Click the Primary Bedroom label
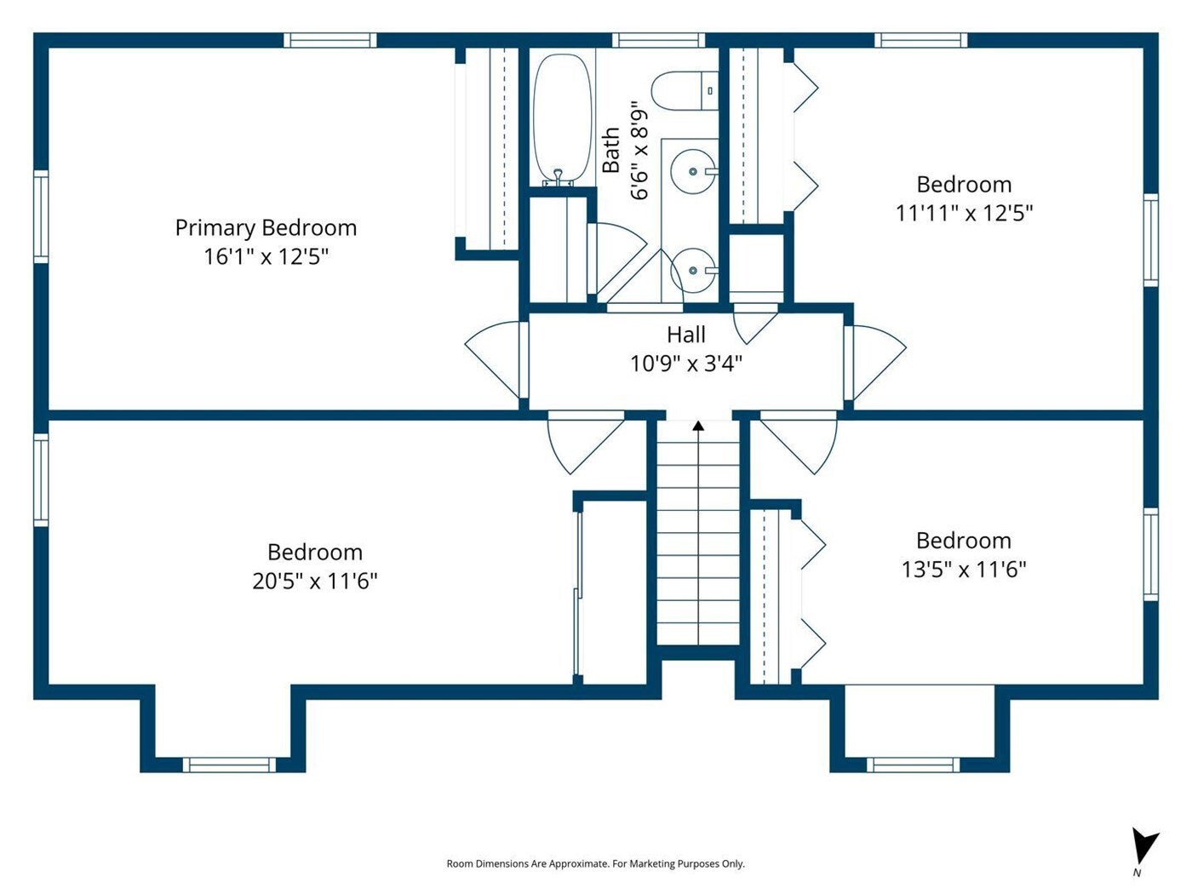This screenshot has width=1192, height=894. pos(266,228)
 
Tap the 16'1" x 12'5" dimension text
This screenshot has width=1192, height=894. pos(266,256)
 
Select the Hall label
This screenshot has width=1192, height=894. pos(686,335)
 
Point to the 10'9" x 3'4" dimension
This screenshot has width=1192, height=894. pos(686,364)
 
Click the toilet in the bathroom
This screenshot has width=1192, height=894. pos(685,90)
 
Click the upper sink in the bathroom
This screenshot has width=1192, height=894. pos(693,171)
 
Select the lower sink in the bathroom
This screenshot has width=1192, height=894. pos(693,270)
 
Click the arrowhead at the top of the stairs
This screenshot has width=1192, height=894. pos(698,426)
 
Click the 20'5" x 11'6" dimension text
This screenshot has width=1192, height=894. pos(315,581)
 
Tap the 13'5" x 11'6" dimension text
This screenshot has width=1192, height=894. pos(964,570)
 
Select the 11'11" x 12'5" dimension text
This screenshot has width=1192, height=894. pos(964,213)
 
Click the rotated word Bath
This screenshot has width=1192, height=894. pos(611,150)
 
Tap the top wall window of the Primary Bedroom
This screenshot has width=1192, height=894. pos(330,40)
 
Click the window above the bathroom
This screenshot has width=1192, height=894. pos(659,40)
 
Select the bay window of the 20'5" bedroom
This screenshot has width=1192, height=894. pos(229,765)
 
